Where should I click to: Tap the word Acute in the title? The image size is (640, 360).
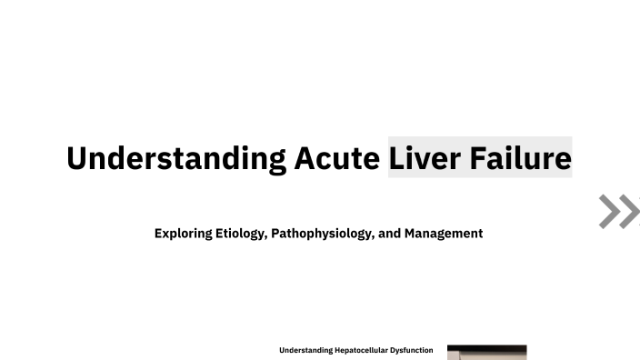click(x=336, y=158)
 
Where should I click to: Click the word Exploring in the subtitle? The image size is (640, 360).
click(x=184, y=234)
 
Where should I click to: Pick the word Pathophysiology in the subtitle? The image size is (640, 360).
click(x=322, y=234)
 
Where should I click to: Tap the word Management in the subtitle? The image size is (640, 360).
click(x=444, y=234)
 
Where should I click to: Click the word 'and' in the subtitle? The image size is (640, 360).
click(x=389, y=234)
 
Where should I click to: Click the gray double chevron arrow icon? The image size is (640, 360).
click(x=619, y=211)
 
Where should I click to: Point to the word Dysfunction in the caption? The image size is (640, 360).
click(x=412, y=350)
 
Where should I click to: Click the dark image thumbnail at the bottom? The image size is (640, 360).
click(x=486, y=353)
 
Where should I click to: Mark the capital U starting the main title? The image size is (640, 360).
click(x=76, y=158)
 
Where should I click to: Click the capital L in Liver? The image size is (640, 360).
click(x=397, y=158)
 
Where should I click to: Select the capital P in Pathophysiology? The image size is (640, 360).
click(x=275, y=234)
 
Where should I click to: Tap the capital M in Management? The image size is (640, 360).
click(x=410, y=234)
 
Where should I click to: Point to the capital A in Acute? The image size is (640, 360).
click(x=304, y=158)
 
